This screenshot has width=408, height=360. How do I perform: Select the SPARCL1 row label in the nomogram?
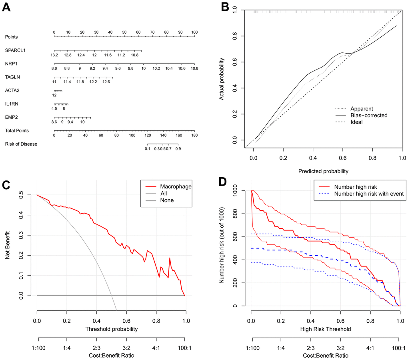pyautogui.click(x=14, y=50)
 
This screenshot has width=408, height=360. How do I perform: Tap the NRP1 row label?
pyautogui.click(x=11, y=64)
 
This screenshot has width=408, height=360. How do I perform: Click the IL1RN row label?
pyautogui.click(x=12, y=104)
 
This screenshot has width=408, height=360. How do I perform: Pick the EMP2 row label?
pyautogui.click(x=11, y=117)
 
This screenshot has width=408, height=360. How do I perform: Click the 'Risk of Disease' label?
pyautogui.click(x=21, y=144)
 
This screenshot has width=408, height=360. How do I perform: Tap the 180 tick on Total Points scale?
pyautogui.click(x=194, y=136)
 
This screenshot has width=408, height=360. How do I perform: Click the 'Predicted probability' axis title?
pyautogui.click(x=323, y=171)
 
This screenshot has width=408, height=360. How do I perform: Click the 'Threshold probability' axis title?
pyautogui.click(x=111, y=329)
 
